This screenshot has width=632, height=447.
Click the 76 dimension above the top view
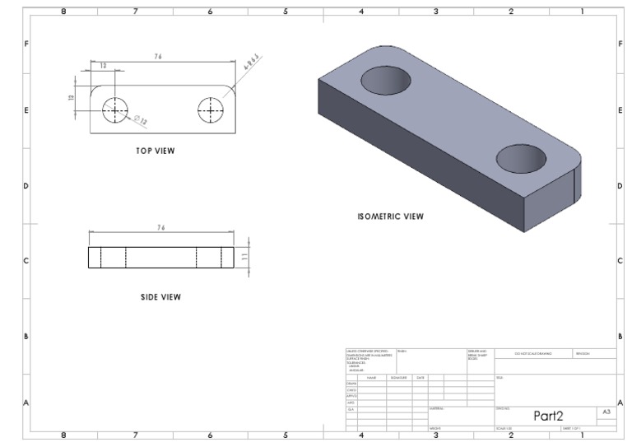[x=156, y=57]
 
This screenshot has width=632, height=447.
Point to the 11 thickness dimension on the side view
[x=244, y=258]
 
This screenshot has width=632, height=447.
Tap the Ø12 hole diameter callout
[x=141, y=121]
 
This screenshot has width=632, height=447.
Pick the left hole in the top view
[x=115, y=109]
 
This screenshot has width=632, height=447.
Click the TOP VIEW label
[x=156, y=151]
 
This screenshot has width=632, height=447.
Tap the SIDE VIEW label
[x=160, y=297]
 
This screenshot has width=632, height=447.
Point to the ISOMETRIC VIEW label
[x=390, y=217]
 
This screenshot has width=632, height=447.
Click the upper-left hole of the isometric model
[x=386, y=80]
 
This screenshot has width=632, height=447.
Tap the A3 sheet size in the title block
[x=606, y=412]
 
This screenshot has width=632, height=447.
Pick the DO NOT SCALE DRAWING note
[x=532, y=354]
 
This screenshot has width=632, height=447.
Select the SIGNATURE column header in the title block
[x=399, y=377]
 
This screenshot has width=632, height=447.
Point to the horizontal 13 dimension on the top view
[x=103, y=66]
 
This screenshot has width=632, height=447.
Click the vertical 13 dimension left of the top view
[x=71, y=97]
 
